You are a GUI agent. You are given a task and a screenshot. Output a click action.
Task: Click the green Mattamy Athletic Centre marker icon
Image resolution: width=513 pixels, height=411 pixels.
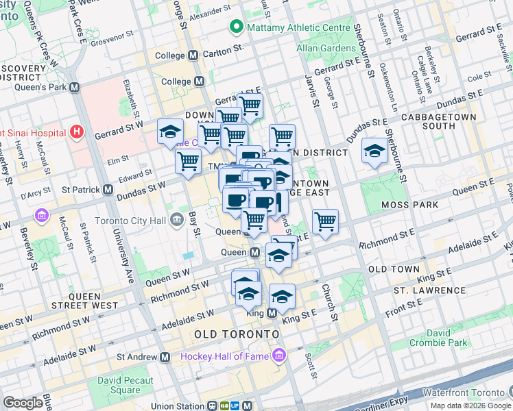pyautogui.click(x=237, y=27)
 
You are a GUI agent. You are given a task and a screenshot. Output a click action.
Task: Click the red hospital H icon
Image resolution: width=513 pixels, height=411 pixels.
pyautogui.click(x=77, y=132)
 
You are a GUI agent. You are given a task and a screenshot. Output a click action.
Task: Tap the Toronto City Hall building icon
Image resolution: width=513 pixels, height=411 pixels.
pyautogui.click(x=176, y=220)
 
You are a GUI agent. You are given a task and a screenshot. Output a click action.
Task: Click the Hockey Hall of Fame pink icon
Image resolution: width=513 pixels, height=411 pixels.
pyautogui.click(x=278, y=356)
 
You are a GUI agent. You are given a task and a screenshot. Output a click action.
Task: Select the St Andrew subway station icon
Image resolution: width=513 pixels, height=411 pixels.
pyautogui.click(x=165, y=357)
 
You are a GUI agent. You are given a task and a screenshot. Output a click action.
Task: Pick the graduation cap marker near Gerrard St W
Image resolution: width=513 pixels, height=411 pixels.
pyautogui.click(x=169, y=132)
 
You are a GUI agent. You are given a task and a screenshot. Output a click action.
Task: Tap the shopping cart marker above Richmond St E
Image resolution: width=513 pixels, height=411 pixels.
pyautogui.click(x=325, y=221)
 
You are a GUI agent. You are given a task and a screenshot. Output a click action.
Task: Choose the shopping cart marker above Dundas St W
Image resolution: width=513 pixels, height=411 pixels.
pyautogui.click(x=187, y=161)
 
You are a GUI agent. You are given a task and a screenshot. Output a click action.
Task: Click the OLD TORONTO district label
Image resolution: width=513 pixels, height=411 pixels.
pyautogui.click(x=237, y=334)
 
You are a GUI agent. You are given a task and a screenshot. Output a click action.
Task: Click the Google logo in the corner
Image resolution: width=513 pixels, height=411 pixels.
pyautogui.click(x=23, y=403)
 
